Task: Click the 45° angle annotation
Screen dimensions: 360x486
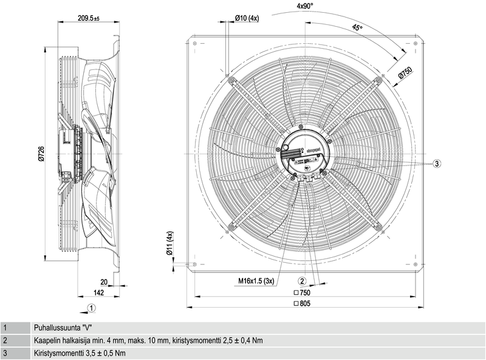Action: pos(357,28)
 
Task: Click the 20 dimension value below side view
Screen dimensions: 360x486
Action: pos(103,282)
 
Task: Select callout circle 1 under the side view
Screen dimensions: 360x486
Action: pos(90,308)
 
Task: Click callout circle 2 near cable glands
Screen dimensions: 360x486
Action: pos(302,280)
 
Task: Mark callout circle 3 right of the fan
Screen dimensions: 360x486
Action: pos(437,164)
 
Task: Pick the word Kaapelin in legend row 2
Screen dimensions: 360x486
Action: pos(49,340)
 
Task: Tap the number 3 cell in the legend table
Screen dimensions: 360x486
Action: pos(5,353)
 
